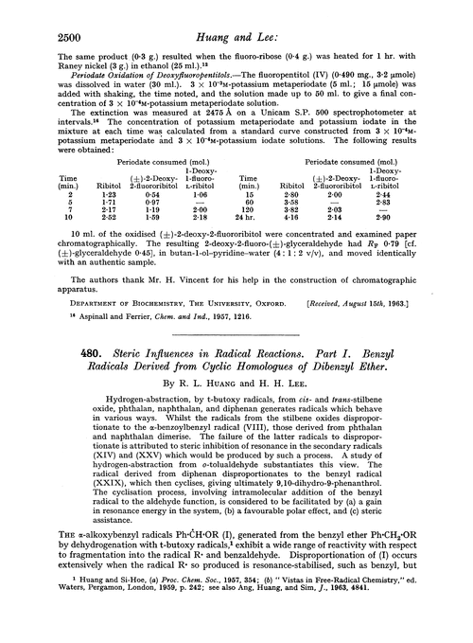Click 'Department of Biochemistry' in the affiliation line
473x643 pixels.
click(x=93, y=306)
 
